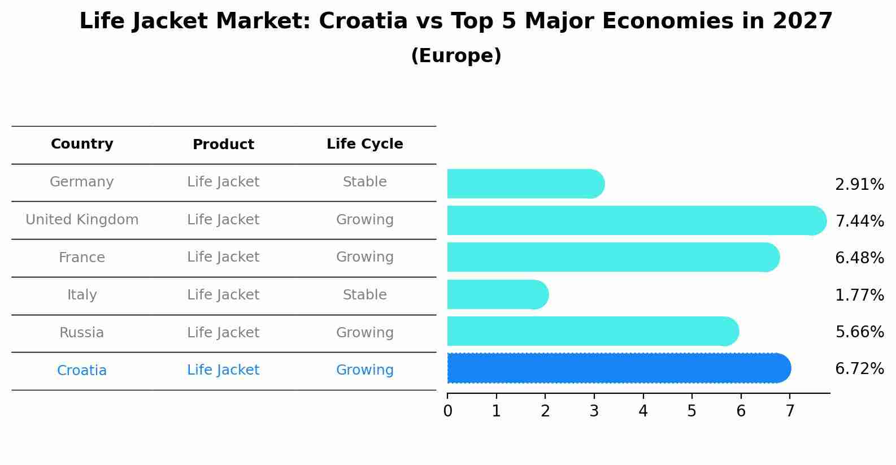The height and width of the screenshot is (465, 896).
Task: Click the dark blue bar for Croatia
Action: tap(619, 368)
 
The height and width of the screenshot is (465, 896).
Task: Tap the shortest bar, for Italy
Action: tap(497, 294)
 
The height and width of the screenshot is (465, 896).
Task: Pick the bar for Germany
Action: tap(525, 184)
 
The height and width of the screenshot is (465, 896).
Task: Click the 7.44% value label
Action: tap(859, 221)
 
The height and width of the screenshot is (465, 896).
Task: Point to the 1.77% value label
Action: tap(859, 295)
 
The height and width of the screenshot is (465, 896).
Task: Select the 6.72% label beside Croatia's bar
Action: tap(859, 369)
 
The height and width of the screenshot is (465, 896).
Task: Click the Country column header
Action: tap(82, 144)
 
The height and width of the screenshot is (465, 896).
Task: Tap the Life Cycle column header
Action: tap(364, 144)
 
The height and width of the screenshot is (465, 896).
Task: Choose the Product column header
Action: tap(223, 145)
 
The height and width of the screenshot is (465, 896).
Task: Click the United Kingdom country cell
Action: tap(82, 220)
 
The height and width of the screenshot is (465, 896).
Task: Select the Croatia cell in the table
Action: tap(82, 371)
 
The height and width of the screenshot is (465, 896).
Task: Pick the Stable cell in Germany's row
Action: tap(364, 182)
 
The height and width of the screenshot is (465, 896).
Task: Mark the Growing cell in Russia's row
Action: tap(364, 333)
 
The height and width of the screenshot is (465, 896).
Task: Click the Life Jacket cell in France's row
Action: tap(223, 257)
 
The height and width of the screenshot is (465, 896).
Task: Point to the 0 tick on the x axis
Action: tap(447, 411)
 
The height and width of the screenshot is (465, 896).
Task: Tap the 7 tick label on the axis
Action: tap(790, 411)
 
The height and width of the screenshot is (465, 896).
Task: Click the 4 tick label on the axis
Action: tap(643, 411)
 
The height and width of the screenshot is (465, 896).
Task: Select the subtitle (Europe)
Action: tap(456, 56)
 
